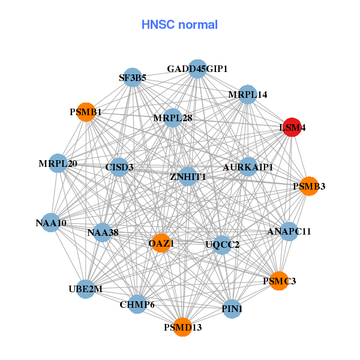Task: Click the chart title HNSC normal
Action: coord(179,25)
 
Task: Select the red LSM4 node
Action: coord(292,127)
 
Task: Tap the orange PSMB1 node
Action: coord(86,112)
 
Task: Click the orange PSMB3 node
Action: coord(308,186)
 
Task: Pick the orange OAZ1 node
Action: coord(161,243)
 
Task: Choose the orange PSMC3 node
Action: coord(279,280)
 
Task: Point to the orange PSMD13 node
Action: coord(182,327)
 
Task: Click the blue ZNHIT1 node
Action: coord(188,176)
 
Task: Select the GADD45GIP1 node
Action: coord(197,69)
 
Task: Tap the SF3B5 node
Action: coord(133,77)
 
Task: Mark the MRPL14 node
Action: coord(247,95)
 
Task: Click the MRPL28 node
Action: coord(172,118)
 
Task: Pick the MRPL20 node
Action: coord(58,164)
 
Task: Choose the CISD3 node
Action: coord(119,167)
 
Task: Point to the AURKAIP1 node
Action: coord(248,166)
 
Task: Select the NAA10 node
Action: coord(51,223)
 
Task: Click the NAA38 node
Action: coord(102,232)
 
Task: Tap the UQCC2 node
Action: coord(222,244)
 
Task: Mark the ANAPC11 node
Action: coord(289,231)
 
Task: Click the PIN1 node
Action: coord(232,309)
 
